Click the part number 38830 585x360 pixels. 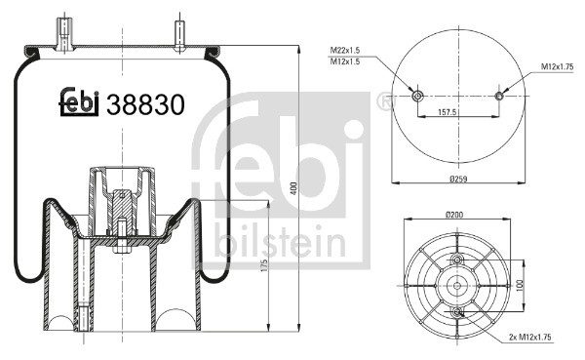coord(145,103)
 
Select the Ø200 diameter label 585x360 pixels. coord(455,214)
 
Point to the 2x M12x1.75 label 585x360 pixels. coord(536,337)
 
